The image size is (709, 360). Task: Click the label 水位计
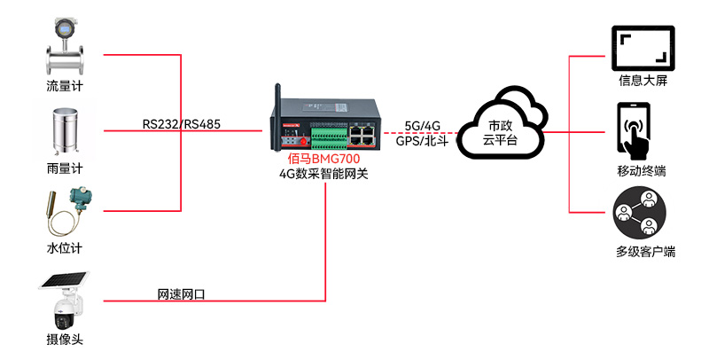click(70, 247)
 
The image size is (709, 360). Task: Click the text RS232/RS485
click(181, 124)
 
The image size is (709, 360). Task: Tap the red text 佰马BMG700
click(326, 160)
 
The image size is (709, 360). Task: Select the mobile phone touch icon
click(635, 130)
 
